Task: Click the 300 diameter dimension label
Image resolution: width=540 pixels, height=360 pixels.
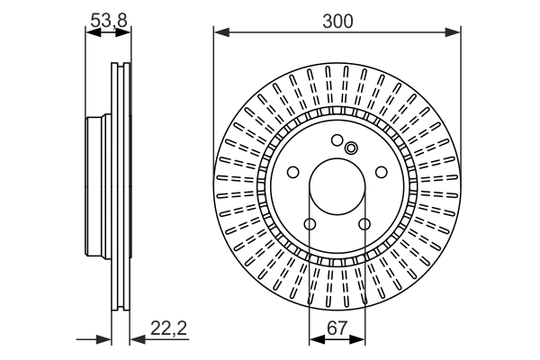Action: (337, 19)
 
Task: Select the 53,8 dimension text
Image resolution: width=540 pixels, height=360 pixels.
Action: (107, 16)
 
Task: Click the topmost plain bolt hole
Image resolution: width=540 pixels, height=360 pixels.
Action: (337, 140)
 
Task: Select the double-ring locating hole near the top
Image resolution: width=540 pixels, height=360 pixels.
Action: (351, 149)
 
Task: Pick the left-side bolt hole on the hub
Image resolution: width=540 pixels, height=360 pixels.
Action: (292, 173)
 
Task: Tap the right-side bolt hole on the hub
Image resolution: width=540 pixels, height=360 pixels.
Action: (382, 173)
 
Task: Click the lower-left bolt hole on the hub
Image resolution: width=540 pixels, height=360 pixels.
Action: (310, 224)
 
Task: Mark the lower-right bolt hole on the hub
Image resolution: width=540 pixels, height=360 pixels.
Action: (364, 224)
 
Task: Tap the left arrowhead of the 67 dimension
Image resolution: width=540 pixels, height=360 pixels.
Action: (315, 339)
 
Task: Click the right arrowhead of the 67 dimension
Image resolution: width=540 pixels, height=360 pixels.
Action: (360, 339)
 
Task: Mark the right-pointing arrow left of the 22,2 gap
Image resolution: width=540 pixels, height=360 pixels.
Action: (104, 339)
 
